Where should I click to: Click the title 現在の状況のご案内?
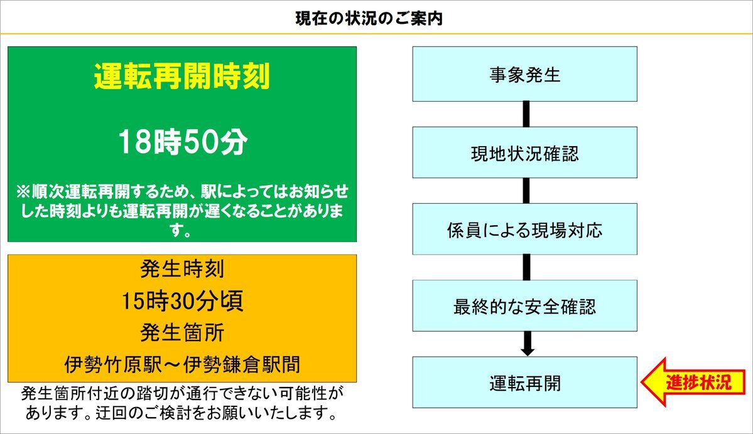click(369, 19)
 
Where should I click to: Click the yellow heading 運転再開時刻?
click(182, 76)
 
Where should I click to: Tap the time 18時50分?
click(183, 142)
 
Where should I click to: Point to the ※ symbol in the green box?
click(23, 192)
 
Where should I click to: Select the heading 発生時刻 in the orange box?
click(182, 268)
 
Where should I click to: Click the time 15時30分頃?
click(182, 300)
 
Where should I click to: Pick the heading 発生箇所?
click(182, 333)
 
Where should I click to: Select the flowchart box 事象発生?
click(525, 74)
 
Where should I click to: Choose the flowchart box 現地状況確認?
click(525, 152)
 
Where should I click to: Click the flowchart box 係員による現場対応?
click(525, 229)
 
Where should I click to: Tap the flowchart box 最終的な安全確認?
click(525, 305)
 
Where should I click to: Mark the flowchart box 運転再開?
click(525, 382)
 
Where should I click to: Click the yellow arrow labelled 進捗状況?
click(693, 382)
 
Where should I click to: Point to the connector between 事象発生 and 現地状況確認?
click(526, 114)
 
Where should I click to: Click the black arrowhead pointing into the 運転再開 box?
click(528, 351)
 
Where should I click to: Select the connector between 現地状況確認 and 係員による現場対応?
click(526, 191)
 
